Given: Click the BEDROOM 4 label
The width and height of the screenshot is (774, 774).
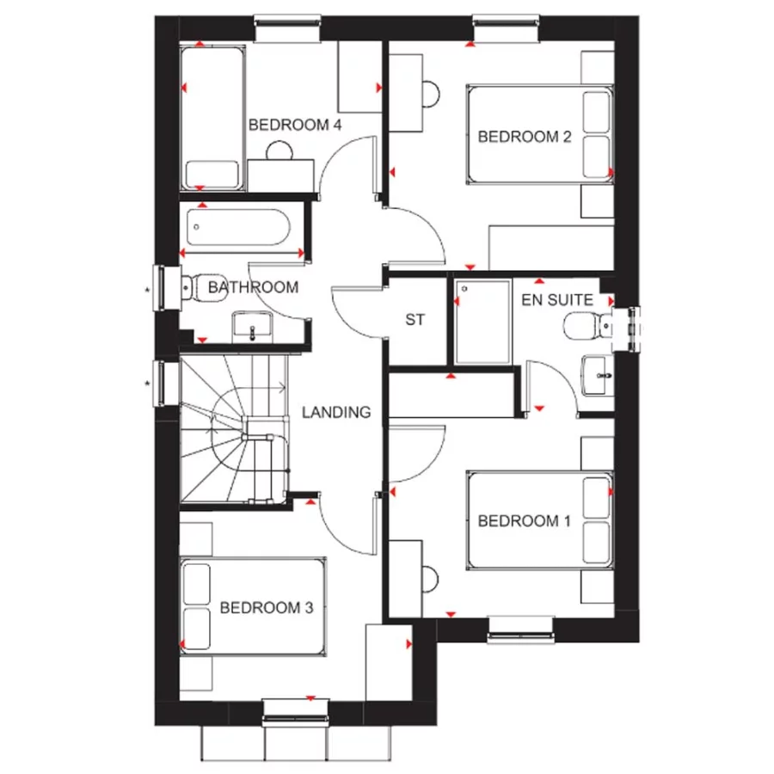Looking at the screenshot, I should coord(295,126).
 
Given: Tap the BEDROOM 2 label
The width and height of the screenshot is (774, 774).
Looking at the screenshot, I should coord(525,136).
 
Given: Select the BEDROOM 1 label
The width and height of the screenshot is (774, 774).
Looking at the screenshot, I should coord(525,520).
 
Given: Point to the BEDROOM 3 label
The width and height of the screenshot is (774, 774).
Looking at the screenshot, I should coord(266,608).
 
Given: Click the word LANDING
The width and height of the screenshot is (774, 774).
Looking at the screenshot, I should coord(336,412).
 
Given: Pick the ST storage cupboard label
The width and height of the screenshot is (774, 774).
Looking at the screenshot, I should coord(415,320).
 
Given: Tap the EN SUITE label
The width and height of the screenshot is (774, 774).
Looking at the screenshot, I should coord(556,300).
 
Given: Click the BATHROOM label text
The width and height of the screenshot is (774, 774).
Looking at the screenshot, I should coord(254,287).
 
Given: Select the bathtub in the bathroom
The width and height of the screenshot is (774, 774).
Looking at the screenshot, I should coord(241,229).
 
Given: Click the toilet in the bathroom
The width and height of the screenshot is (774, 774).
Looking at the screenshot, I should coord(200,286).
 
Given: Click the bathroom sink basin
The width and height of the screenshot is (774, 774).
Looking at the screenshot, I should coord(252,326).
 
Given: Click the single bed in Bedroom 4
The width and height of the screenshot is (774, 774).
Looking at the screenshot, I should coord(212,120).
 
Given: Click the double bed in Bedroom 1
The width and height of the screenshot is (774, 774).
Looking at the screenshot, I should coord(540,520).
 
